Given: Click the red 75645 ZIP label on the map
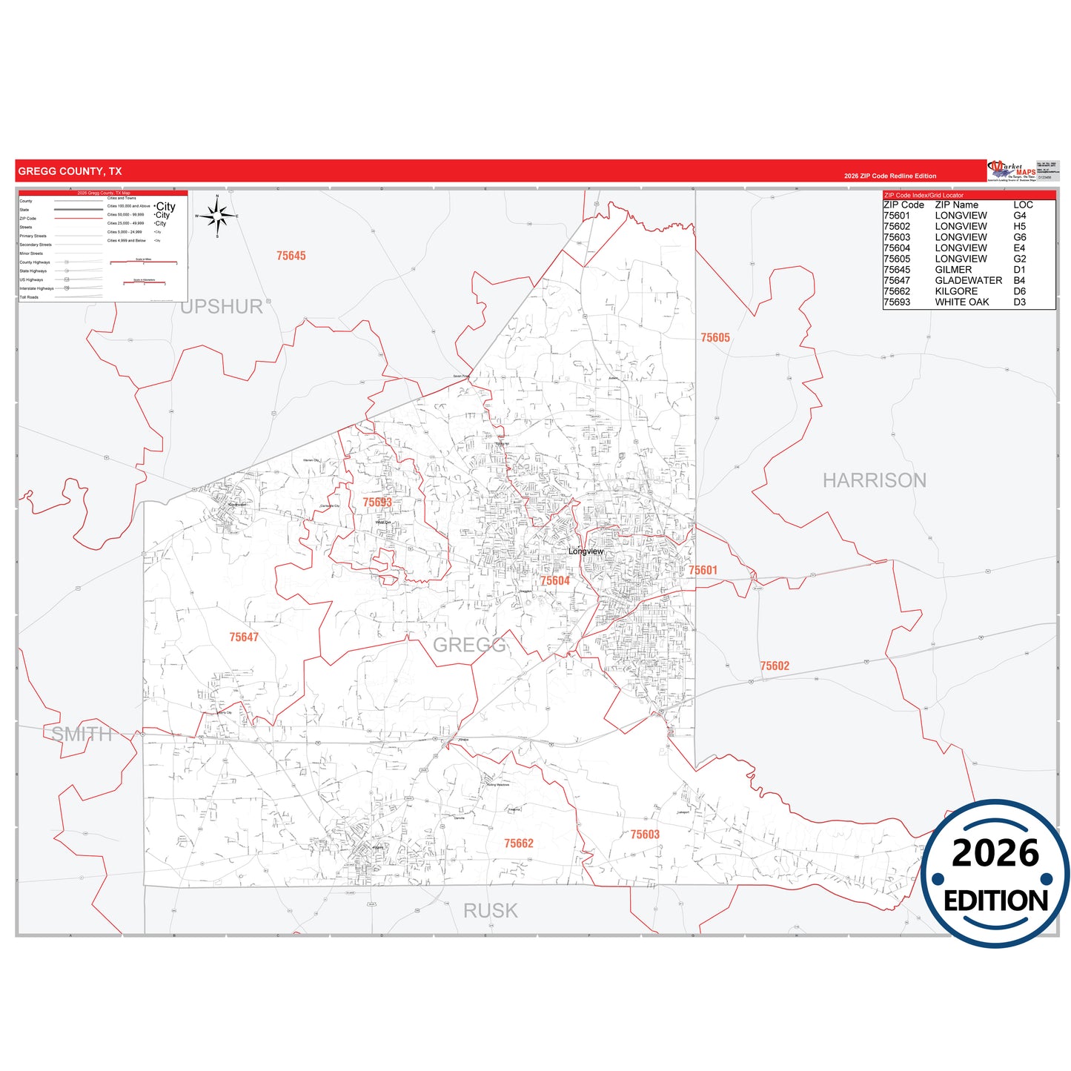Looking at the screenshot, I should (291, 256).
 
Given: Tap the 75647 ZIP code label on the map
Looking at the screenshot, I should (244, 637).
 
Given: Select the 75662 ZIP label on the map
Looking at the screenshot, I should (519, 843).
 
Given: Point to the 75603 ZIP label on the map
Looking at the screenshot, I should (645, 835).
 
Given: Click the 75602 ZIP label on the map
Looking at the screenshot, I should (775, 666).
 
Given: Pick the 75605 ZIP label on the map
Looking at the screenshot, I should (715, 337).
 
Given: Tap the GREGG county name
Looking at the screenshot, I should (469, 645).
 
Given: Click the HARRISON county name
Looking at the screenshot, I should (875, 480).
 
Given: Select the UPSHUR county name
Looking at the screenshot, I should (222, 307).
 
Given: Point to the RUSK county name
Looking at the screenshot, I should (491, 911).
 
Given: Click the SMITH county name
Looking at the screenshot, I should (82, 735).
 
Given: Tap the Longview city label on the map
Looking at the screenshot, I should (586, 551).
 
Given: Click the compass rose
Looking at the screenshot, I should (217, 216).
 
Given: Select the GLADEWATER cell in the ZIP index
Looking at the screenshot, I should (968, 280).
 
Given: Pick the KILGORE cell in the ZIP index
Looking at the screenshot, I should (956, 291).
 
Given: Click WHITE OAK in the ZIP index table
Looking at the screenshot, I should (961, 302).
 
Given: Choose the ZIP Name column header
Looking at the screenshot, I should (956, 205).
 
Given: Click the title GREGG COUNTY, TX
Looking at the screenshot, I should (70, 171).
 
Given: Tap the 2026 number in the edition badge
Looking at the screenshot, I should (995, 853).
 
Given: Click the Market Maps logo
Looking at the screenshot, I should (1012, 170).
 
